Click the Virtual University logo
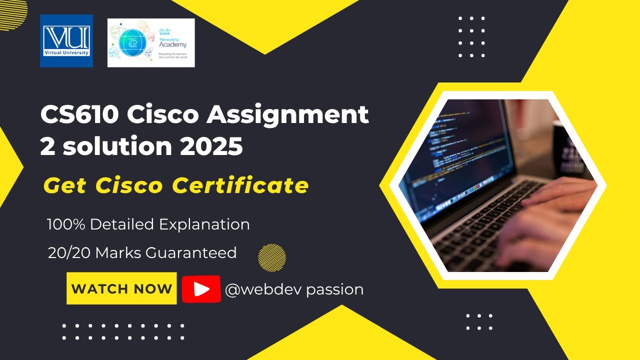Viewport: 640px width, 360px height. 66,40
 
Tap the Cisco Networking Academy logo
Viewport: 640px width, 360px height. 151,42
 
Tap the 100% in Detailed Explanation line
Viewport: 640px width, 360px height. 66,224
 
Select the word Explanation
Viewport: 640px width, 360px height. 205,225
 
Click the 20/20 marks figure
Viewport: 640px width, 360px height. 69,253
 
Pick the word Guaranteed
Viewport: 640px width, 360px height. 191,253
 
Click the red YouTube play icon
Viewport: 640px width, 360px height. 201,289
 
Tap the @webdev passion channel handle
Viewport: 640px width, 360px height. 294,289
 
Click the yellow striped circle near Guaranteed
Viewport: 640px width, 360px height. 272,258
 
